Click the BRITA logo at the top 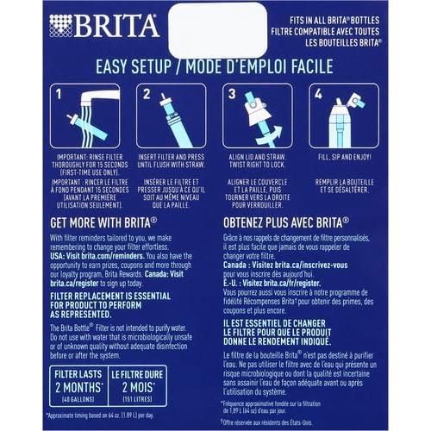(103, 25)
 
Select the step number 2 (146, 91)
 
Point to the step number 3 (231, 91)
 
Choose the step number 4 (318, 91)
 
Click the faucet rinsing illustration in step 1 (85, 117)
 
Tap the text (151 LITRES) (137, 398)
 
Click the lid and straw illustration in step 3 (258, 117)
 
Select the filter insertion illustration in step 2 (172, 117)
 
